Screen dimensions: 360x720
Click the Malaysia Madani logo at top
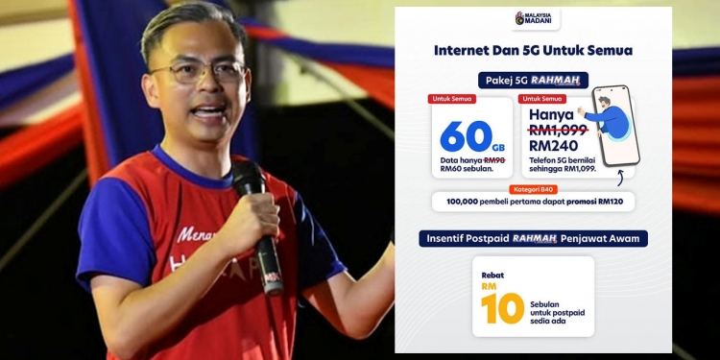click(x=532, y=19)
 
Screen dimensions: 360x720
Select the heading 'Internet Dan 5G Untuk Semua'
click(x=533, y=50)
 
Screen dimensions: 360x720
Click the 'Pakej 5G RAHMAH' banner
click(x=533, y=81)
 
